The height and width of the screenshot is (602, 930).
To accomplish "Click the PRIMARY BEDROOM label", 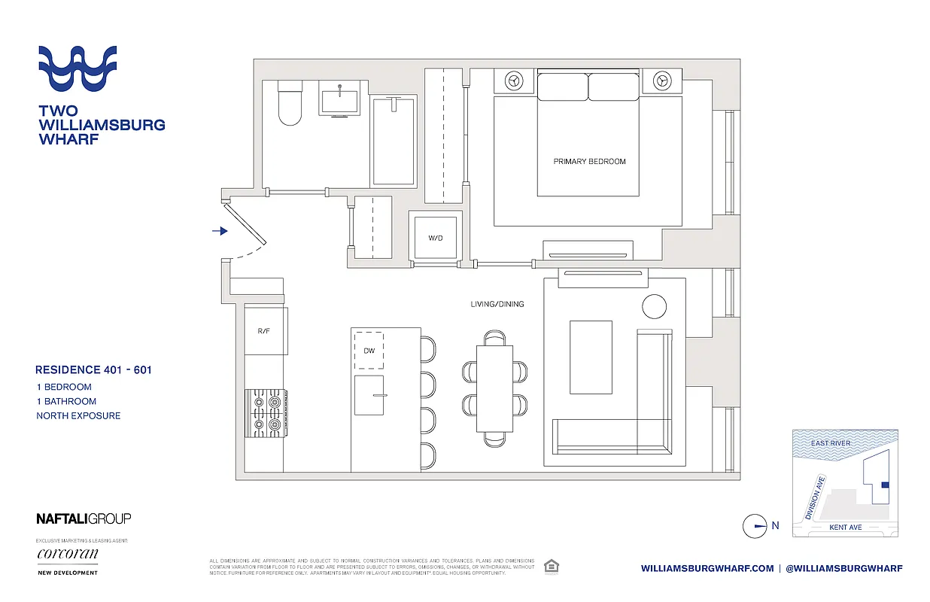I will tap(589, 161).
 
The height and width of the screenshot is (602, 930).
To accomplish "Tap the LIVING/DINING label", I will tap(496, 304).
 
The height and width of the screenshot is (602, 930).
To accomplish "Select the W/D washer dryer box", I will tap(435, 238).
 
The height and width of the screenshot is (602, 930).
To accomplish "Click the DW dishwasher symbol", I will tap(369, 350).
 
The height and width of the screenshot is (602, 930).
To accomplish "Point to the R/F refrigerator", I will tap(265, 330).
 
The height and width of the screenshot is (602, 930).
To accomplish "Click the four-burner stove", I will tap(265, 412).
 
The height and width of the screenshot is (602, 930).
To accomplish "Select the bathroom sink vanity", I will tap(344, 98).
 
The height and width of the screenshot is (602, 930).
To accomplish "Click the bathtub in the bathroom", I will tap(394, 141).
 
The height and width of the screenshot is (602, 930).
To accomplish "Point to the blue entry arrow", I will tap(220, 231).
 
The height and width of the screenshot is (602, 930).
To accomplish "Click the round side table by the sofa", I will tap(654, 306).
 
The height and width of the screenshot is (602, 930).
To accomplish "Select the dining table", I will tap(494, 387).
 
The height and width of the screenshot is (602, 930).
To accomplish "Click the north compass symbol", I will tap(755, 526).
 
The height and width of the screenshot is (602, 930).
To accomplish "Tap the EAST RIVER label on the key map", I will tap(830, 443).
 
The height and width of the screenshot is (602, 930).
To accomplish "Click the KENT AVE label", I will tap(845, 528).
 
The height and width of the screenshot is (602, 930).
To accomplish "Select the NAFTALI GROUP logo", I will tap(84, 518).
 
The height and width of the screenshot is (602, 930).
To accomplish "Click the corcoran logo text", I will tap(68, 555).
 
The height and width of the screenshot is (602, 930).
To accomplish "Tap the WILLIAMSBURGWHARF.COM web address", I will tap(707, 569).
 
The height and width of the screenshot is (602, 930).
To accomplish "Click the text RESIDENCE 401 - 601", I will tap(93, 369).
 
